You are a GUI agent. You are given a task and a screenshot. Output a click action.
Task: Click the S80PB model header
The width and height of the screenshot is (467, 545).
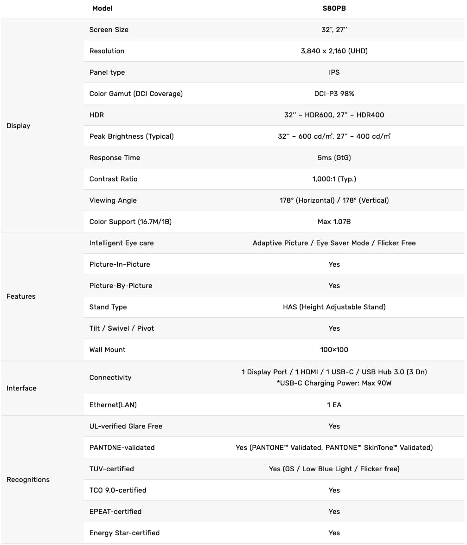334,8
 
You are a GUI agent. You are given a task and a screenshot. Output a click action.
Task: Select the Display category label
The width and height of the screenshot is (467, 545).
19,126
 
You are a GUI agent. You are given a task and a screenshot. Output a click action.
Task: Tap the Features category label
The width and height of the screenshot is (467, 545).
21,296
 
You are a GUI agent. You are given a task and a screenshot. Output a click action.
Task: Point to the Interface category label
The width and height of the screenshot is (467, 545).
21,388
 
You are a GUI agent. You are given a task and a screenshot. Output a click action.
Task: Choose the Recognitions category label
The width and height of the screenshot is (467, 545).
28,480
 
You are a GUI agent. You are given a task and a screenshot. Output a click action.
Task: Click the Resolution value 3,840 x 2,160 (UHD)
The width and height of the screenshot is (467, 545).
334,51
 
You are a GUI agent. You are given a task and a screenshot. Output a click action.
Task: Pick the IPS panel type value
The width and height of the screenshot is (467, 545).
334,72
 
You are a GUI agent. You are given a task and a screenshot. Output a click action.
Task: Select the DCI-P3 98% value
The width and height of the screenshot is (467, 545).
334,94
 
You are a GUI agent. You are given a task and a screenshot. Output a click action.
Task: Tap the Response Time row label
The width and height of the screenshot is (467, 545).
115,158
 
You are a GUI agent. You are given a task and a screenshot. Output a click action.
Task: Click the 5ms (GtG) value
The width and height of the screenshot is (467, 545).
334,158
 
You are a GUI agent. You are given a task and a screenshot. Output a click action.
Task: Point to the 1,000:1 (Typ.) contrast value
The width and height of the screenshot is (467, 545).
334,179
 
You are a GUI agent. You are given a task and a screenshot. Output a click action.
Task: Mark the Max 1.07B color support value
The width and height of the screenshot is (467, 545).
334,222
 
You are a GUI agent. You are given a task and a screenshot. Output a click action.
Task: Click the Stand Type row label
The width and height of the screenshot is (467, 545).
108,307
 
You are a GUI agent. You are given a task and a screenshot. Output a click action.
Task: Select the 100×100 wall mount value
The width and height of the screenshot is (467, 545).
334,350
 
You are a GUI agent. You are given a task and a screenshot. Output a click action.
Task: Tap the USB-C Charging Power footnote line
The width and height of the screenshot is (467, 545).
334,383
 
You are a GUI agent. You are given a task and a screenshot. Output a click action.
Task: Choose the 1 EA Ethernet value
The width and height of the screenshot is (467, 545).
334,405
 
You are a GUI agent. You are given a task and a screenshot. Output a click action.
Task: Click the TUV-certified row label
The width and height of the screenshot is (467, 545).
112,469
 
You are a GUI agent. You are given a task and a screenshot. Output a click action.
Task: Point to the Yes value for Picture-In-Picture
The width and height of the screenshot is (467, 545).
334,264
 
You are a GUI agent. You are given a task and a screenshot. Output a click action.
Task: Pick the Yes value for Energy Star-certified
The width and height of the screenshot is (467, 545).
334,533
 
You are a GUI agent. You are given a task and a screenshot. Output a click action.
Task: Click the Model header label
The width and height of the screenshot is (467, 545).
102,8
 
